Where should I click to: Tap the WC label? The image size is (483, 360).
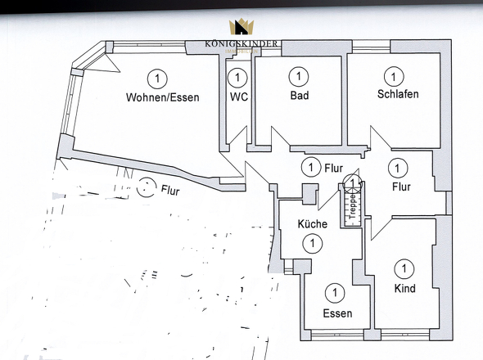click(x=239, y=97)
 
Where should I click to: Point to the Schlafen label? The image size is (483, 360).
click(x=398, y=94)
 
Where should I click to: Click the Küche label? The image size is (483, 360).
click(x=312, y=224)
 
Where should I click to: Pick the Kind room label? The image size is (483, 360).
click(x=404, y=288)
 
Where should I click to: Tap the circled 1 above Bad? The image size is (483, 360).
click(x=299, y=78)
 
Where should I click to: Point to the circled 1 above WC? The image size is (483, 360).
click(x=237, y=78)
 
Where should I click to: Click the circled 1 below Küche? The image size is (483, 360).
click(x=312, y=243)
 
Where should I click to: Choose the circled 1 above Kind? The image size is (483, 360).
click(x=404, y=268)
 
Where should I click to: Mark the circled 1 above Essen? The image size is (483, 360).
click(x=334, y=292)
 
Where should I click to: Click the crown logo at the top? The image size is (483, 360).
click(x=241, y=28)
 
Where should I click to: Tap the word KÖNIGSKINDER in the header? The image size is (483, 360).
click(x=241, y=43)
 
